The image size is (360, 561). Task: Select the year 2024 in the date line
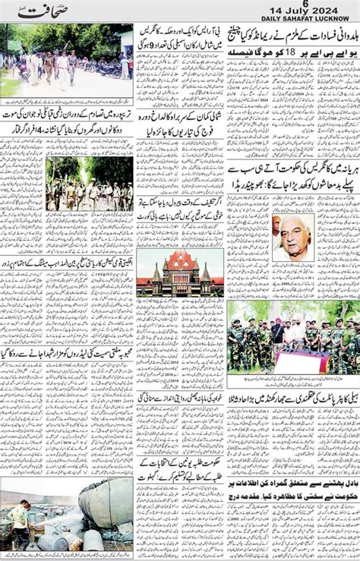coord(333,12)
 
